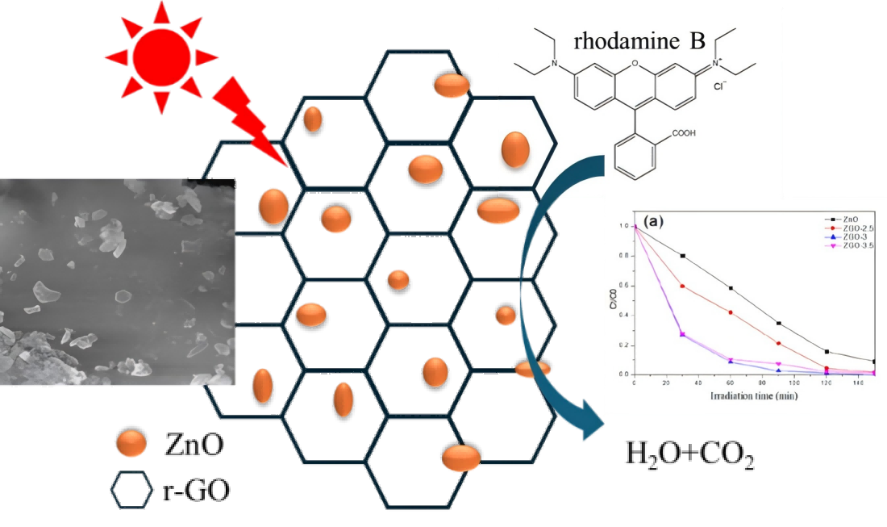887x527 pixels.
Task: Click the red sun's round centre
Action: click(161, 57)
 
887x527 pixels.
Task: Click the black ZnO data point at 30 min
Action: click(683, 256)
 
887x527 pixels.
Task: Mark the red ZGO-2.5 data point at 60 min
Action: click(731, 312)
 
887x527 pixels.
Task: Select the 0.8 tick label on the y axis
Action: click(623, 256)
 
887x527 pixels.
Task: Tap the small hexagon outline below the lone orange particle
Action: click(131, 490)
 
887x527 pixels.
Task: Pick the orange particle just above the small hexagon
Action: click(131, 443)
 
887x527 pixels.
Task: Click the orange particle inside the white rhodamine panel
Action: click(515, 149)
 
